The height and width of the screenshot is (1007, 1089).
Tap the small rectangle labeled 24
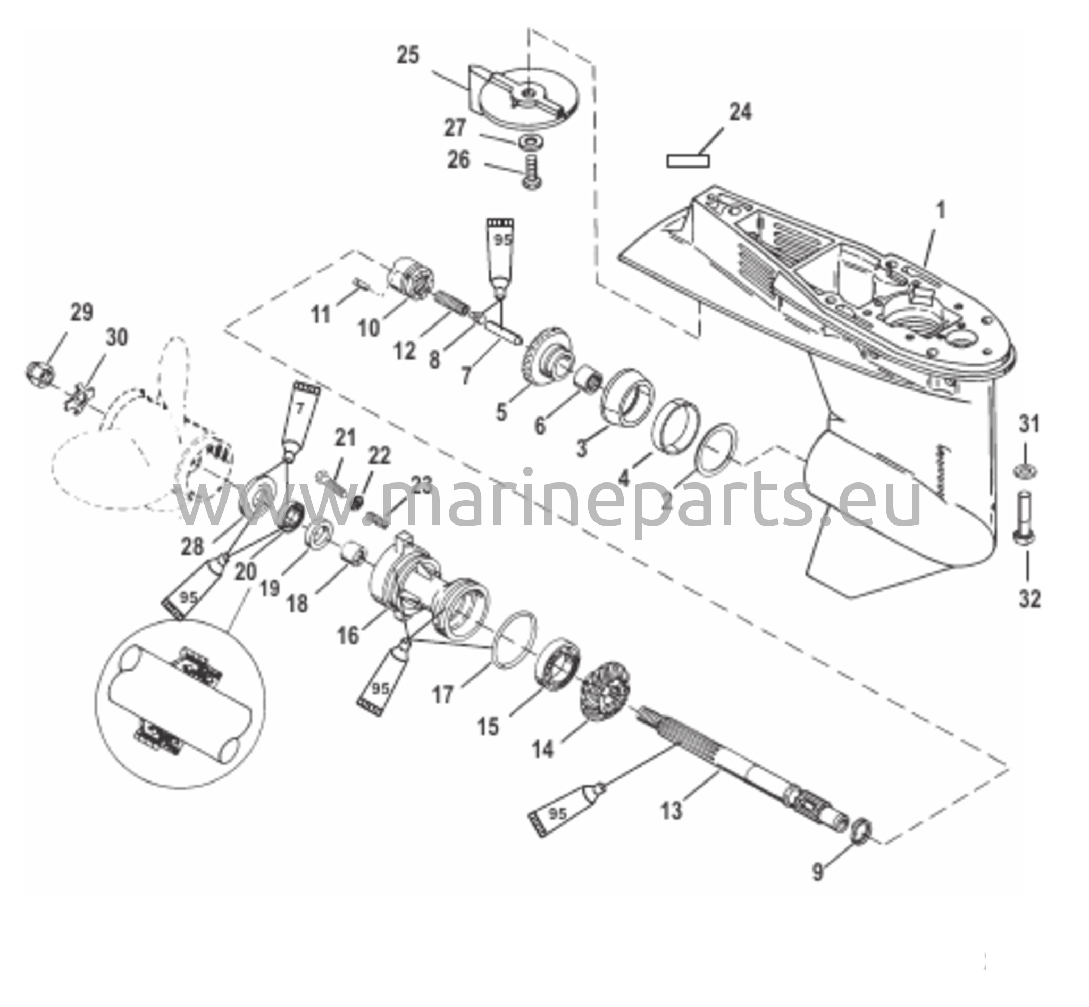pyautogui.click(x=688, y=161)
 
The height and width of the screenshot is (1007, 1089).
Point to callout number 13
pyautogui.click(x=671, y=811)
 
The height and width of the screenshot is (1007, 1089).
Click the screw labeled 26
pyautogui.click(x=531, y=172)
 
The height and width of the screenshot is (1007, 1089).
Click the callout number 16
pyautogui.click(x=348, y=634)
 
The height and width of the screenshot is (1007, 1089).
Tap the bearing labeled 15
pyautogui.click(x=558, y=663)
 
